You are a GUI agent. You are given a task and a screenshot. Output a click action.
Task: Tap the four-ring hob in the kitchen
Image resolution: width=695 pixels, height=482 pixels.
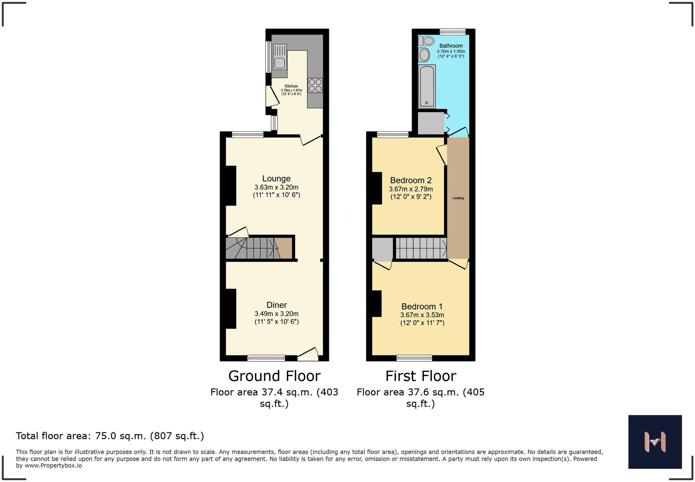point(315,86)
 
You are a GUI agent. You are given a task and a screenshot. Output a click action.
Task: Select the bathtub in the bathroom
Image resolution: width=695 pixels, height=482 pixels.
point(427,86)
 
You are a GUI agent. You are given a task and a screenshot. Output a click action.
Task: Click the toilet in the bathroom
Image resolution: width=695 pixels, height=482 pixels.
point(427,41)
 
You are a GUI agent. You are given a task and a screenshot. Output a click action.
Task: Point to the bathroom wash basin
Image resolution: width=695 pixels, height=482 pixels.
point(424,55)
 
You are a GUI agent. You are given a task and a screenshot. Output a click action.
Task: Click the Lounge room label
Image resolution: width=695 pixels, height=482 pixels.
point(276,179)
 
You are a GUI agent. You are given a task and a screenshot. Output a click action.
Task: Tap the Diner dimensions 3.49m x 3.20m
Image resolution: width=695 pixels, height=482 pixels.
point(276,314)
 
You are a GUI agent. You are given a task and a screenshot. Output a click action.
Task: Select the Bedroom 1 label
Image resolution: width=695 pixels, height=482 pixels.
point(422,306)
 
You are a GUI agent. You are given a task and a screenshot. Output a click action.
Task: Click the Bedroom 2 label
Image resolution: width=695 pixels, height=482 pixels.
point(411,180)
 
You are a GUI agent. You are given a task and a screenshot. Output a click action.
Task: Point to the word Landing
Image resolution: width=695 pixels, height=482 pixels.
point(458,198)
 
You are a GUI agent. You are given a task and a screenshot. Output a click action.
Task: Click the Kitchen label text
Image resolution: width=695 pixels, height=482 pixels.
point(291,86)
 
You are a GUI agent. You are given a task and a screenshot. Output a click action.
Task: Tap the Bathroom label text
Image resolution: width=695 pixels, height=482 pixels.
point(451,46)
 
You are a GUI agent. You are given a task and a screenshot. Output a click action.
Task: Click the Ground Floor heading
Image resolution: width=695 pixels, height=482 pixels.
point(274,376)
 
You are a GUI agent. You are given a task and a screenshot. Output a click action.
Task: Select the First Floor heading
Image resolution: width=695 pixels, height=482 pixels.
point(420,376)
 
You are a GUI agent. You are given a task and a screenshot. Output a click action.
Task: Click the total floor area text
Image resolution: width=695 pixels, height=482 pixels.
point(110,436)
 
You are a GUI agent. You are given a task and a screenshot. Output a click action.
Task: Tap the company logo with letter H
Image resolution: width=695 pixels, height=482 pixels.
point(655,442)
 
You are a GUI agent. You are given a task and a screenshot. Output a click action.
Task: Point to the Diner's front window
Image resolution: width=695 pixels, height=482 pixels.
point(266,358)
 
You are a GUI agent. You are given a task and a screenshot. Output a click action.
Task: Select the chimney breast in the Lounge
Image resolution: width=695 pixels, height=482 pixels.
point(231,186)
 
